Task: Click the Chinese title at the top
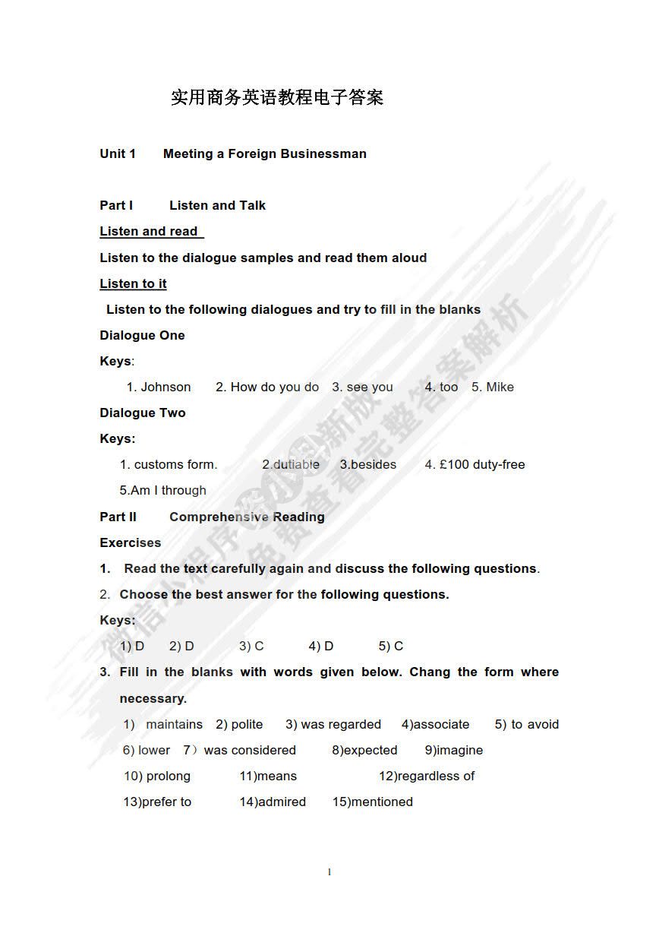[277, 97]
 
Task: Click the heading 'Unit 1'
[118, 153]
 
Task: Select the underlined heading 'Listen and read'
[150, 231]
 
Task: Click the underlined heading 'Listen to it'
[134, 283]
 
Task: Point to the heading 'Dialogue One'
[142, 335]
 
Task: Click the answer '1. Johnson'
[159, 387]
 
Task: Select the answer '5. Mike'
[493, 387]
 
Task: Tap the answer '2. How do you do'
[267, 387]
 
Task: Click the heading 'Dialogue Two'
[143, 413]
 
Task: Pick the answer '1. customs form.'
[169, 464]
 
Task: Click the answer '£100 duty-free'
[482, 464]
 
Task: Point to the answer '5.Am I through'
[162, 490]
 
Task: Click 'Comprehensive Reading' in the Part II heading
[247, 517]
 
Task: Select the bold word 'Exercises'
[131, 542]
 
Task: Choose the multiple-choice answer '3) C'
[251, 646]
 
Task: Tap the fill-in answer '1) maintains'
[163, 724]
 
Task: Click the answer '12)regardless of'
[427, 776]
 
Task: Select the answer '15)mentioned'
[373, 802]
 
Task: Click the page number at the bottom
[329, 872]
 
